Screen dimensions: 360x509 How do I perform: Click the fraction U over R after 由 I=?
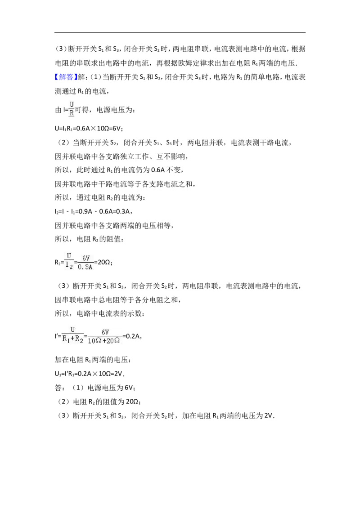[72, 109]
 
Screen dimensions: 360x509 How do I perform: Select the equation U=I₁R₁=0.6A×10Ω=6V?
[89, 128]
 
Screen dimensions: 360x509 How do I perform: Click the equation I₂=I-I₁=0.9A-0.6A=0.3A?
[93, 212]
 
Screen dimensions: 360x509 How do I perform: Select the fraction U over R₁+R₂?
[73, 335]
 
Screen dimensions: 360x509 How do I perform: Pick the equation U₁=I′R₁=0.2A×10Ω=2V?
[90, 374]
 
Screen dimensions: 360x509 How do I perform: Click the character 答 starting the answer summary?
[58, 388]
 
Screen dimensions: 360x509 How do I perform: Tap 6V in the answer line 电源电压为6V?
[129, 388]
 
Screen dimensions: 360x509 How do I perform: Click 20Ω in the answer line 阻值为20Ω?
[132, 402]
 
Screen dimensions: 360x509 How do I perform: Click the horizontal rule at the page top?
[180, 32]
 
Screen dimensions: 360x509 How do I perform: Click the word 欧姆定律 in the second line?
[182, 63]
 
